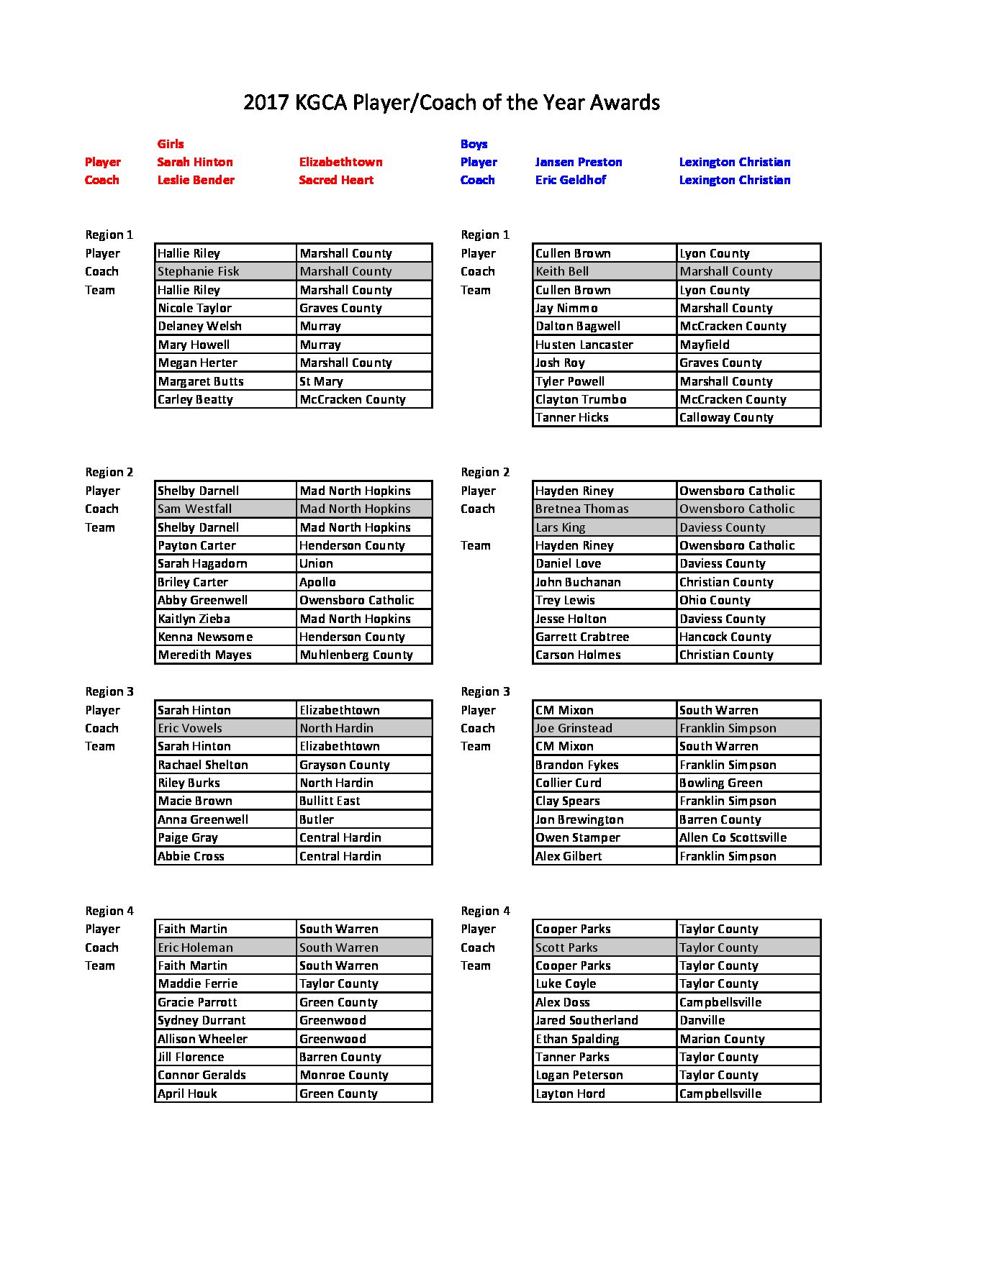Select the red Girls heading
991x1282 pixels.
[x=171, y=144]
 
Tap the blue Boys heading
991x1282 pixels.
[x=474, y=144]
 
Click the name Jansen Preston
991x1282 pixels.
[x=578, y=162]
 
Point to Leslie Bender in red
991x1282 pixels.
[x=196, y=180]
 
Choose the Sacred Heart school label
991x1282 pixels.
[x=336, y=180]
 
